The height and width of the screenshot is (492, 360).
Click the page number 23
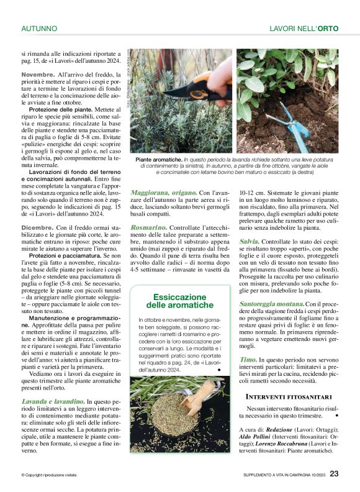pyautogui.click(x=334, y=474)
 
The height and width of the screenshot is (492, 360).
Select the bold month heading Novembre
pyautogui.click(x=38, y=74)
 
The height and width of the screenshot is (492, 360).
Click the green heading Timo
pyautogui.click(x=248, y=360)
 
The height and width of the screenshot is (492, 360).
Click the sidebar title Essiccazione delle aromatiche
pyautogui.click(x=179, y=301)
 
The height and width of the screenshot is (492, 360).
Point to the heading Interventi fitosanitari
pyautogui.click(x=289, y=396)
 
